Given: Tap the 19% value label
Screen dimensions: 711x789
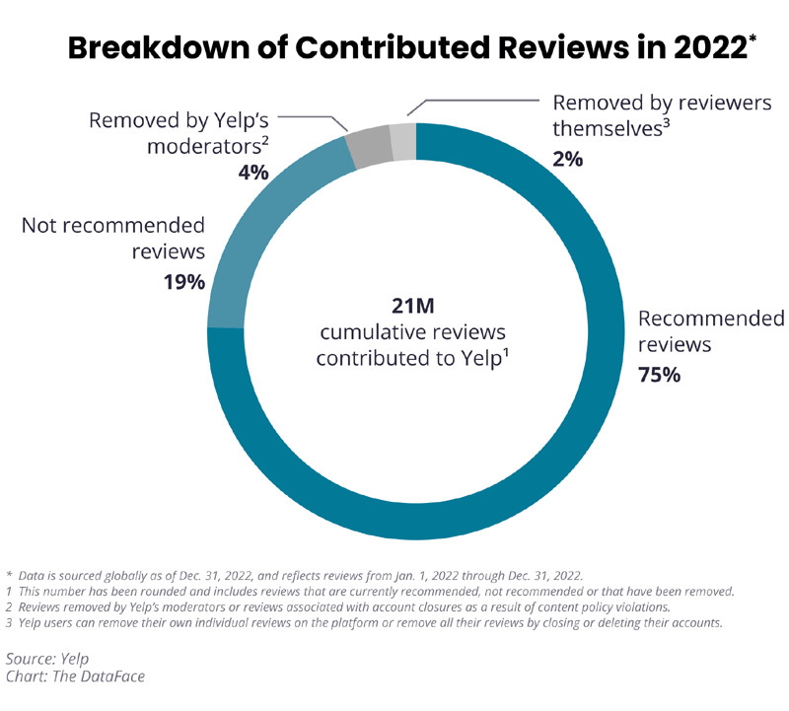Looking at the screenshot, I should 184,282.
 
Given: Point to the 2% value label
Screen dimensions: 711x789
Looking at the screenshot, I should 568,158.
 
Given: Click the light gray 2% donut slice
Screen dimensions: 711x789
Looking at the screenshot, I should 403,141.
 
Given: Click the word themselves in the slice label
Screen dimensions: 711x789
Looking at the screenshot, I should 611,128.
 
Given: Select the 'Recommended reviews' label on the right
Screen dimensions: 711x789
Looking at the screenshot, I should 711,332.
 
